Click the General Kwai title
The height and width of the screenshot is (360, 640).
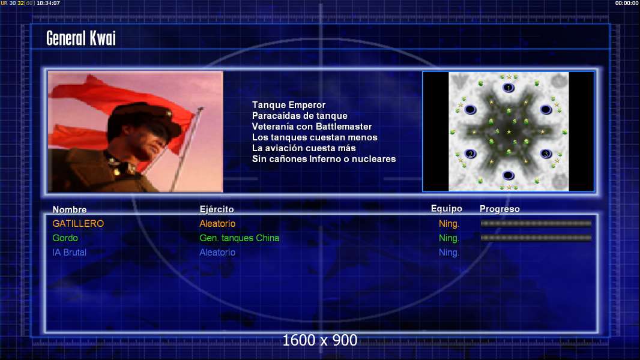coord(81,38)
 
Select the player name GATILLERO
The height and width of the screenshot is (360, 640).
coord(78,223)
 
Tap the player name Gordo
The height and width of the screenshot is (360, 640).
coord(65,238)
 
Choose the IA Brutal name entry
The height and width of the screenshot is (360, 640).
coord(69,253)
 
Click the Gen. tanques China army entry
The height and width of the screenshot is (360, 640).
coord(239,238)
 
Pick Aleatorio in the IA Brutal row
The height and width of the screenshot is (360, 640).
coord(217,253)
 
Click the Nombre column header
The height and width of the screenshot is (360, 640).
coord(70,209)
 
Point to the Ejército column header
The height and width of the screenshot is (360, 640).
coord(216,209)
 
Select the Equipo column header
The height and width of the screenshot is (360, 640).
coord(447,209)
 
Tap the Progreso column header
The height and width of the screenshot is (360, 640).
coord(500,209)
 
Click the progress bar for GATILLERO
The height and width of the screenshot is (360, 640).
coord(536,223)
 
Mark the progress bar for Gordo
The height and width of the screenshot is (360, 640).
coord(536,238)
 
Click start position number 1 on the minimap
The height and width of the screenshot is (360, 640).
coord(508,88)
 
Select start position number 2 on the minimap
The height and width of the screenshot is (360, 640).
coord(471,154)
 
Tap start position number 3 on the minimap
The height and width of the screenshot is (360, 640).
coord(546,154)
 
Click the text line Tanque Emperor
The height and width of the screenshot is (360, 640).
coord(289,105)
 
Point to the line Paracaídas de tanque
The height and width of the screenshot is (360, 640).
coord(300,116)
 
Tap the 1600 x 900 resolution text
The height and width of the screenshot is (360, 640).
coord(319,340)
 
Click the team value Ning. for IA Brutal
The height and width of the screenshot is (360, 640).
coord(449,253)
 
